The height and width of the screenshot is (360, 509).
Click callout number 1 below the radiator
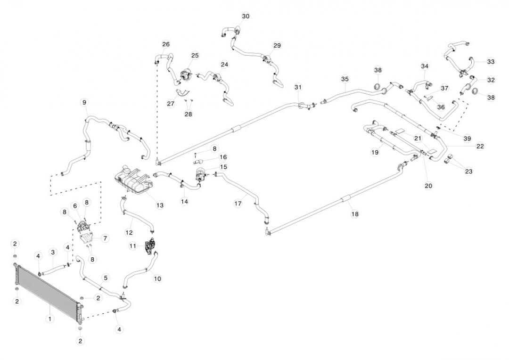click(x=50, y=319)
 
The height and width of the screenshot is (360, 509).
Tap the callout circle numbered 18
click(x=355, y=214)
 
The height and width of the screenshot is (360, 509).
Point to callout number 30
click(x=246, y=16)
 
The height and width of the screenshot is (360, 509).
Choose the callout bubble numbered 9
click(x=84, y=102)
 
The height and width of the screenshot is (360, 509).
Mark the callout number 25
click(x=195, y=56)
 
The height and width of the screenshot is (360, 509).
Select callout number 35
click(x=345, y=79)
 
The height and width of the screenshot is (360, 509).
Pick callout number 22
click(x=480, y=146)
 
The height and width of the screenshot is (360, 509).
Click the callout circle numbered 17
click(x=238, y=204)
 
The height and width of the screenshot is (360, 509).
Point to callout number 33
click(x=491, y=62)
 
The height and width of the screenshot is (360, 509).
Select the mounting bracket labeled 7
click(x=90, y=239)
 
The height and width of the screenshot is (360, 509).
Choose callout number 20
click(x=428, y=186)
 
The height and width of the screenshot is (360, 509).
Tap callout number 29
click(x=277, y=46)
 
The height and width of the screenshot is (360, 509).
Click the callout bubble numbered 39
click(x=467, y=139)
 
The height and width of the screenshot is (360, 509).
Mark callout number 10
click(x=157, y=278)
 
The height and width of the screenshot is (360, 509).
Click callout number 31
click(x=297, y=87)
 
